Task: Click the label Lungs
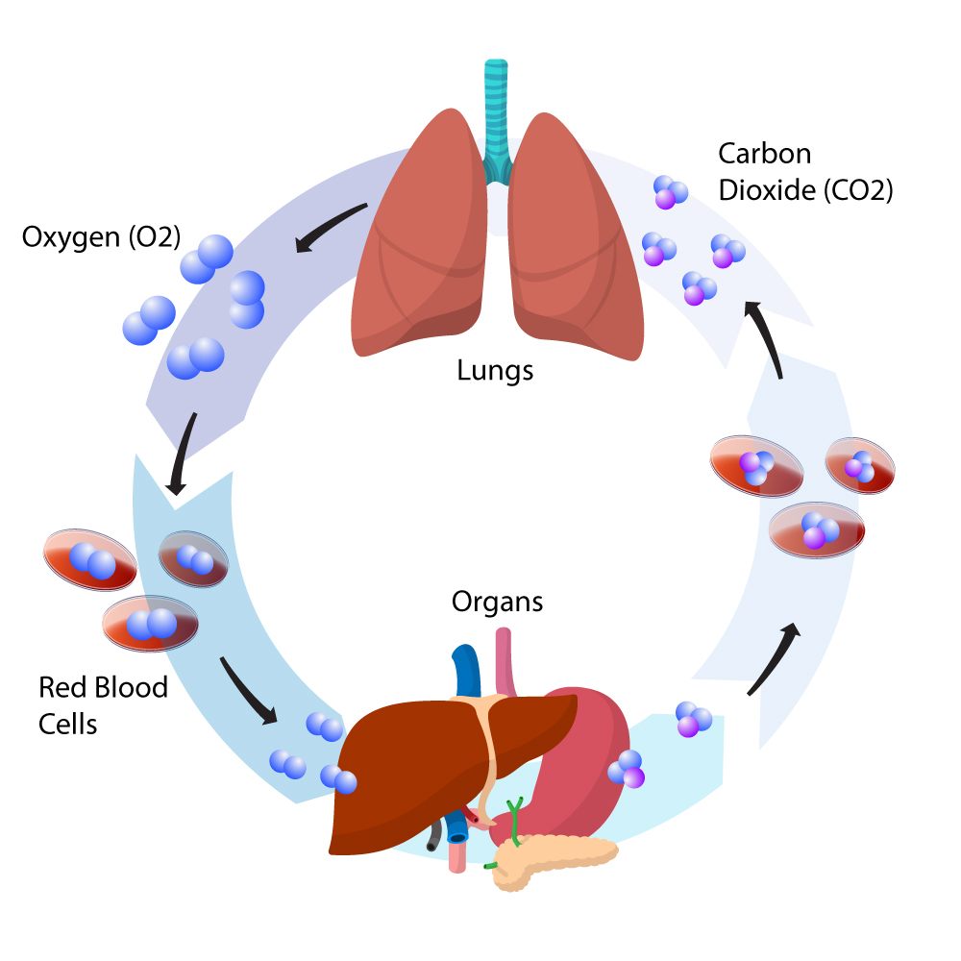(x=495, y=369)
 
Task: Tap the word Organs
(x=498, y=603)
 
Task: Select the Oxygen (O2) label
(x=101, y=236)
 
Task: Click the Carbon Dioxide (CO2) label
(x=805, y=171)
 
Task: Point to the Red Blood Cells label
(x=103, y=704)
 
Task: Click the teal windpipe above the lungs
(x=496, y=115)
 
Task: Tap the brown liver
(x=413, y=769)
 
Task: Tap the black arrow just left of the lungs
(x=332, y=227)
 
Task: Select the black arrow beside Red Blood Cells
(x=248, y=690)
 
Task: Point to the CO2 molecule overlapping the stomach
(x=627, y=769)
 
